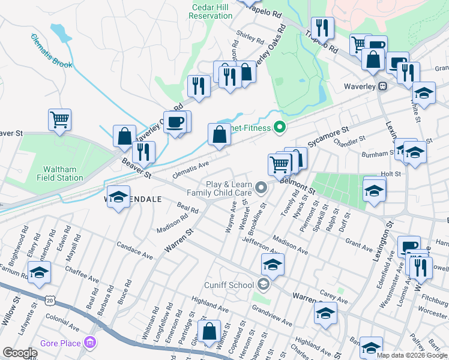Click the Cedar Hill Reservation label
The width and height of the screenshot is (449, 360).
click(x=210, y=11)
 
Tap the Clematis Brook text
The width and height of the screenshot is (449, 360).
click(x=52, y=50)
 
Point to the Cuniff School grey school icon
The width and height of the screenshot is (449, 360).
click(x=263, y=284)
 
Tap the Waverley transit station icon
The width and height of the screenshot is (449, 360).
click(x=382, y=86)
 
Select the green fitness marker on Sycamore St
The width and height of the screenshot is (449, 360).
click(x=279, y=127)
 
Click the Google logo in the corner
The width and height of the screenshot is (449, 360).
click(x=19, y=353)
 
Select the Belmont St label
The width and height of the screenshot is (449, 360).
click(x=298, y=180)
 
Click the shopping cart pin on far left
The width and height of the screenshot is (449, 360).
click(x=59, y=119)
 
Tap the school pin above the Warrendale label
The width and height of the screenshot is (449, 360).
click(x=119, y=197)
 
